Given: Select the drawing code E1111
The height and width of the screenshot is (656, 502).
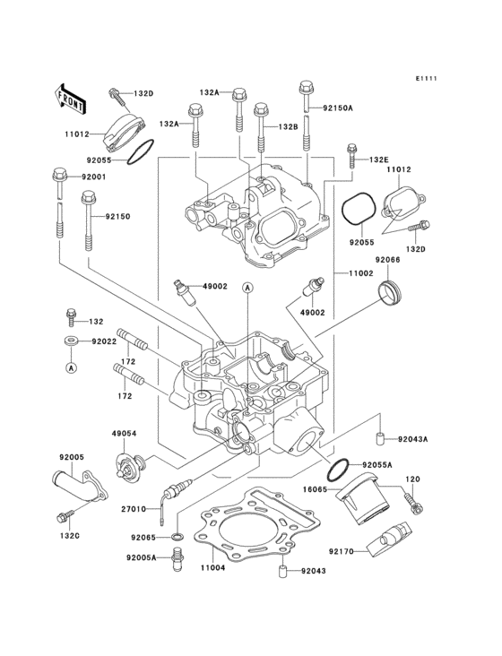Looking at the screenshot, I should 426,80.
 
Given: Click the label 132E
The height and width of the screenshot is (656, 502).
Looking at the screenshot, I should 380,159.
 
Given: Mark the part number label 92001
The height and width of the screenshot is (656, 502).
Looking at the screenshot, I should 92,177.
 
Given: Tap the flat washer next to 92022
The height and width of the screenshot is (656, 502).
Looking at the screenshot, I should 71,341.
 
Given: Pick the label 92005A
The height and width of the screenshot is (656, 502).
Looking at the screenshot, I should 141,557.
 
